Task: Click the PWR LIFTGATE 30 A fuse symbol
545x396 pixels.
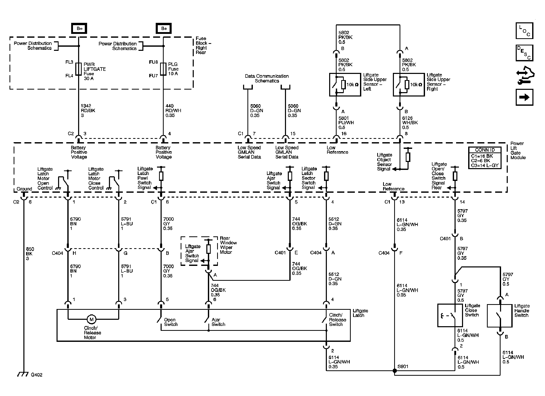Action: pyautogui.click(x=79, y=69)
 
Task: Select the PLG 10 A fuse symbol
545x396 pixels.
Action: pyautogui.click(x=163, y=69)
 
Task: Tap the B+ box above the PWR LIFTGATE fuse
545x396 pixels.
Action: pyautogui.click(x=79, y=28)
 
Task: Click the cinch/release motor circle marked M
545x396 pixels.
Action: pyautogui.click(x=91, y=320)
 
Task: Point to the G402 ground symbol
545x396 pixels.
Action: pyautogui.click(x=23, y=374)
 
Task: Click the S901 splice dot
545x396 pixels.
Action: pyautogui.click(x=395, y=371)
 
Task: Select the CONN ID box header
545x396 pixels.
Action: pyautogui.click(x=485, y=150)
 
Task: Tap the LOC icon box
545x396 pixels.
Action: pyautogui.click(x=524, y=31)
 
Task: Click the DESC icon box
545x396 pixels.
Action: pyautogui.click(x=524, y=53)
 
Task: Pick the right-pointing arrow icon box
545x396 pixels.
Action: pyautogui.click(x=524, y=97)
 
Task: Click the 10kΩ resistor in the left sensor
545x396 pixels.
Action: pyautogui.click(x=343, y=84)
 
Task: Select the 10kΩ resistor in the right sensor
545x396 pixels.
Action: pyautogui.click(x=407, y=84)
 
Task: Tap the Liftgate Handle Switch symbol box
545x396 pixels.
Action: pyautogui.click(x=500, y=316)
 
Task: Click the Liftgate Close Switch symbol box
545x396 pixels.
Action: pyautogui.click(x=450, y=315)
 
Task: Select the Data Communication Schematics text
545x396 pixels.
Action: pyautogui.click(x=267, y=79)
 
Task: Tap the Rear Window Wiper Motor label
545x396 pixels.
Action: pyautogui.click(x=228, y=245)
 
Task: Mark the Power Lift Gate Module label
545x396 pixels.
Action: pyautogui.click(x=518, y=150)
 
